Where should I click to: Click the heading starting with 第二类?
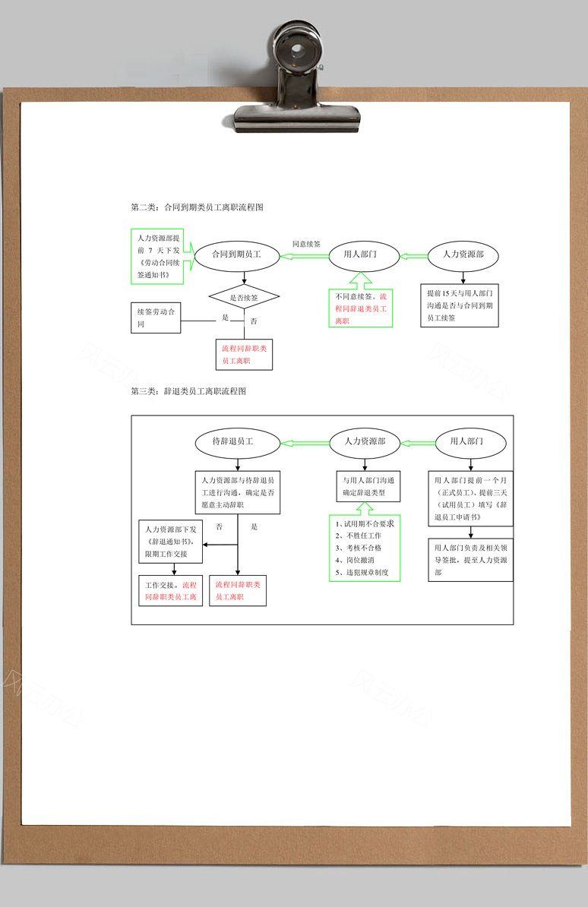(197, 207)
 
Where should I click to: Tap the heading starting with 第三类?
(188, 391)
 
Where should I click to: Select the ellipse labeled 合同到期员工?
(237, 254)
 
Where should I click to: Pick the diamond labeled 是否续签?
(244, 297)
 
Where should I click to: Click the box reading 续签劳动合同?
(156, 318)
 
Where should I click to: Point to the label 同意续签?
(306, 244)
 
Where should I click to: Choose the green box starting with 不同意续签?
(361, 308)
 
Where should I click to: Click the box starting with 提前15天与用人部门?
(460, 305)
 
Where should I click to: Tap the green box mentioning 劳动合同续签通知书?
(157, 256)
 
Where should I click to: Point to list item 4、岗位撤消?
(354, 560)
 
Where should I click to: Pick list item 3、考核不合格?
(359, 548)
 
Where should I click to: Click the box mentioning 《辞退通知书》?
(171, 542)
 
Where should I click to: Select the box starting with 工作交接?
(171, 590)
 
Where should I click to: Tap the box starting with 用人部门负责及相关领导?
(470, 560)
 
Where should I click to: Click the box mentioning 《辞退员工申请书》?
(470, 498)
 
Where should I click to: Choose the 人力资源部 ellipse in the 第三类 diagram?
(365, 442)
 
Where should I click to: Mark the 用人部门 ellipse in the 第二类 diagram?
(364, 255)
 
